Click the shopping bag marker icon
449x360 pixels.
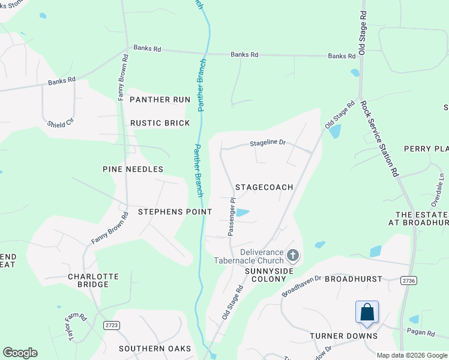point(367,313)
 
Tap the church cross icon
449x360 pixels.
point(292,256)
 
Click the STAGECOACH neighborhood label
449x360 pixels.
point(264,187)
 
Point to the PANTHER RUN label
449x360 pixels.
point(160,100)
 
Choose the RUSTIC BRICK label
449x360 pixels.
point(160,123)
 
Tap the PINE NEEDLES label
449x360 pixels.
point(133,169)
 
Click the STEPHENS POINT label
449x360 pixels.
point(175,212)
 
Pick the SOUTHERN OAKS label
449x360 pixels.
point(155,349)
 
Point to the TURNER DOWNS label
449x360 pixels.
point(344,336)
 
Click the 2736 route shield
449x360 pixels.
point(409,280)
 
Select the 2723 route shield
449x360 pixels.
point(111,325)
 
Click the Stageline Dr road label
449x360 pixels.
point(268,143)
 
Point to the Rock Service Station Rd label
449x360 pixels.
point(379,137)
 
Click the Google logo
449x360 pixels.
point(20,353)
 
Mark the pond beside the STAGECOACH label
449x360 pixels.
point(242,212)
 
